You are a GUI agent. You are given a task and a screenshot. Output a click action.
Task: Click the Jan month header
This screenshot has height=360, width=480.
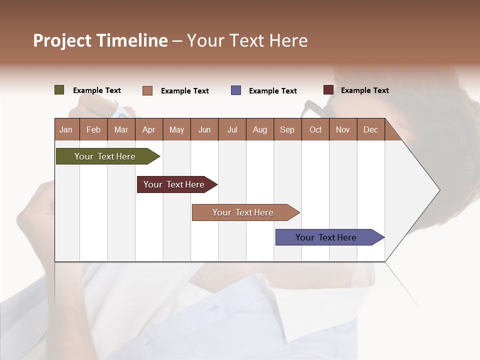(x=66, y=129)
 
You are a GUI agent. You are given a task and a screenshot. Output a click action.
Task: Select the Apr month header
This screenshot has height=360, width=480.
(x=148, y=129)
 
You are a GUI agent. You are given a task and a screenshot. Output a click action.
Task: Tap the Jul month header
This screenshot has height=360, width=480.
(x=232, y=129)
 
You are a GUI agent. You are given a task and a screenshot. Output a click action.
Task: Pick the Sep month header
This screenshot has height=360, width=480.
(x=287, y=129)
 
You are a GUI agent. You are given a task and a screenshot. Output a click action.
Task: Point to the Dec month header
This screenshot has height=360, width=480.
(x=370, y=129)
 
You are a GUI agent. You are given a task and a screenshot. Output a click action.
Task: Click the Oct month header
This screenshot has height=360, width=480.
(x=315, y=129)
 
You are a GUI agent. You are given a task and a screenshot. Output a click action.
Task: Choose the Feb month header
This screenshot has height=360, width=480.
(x=93, y=129)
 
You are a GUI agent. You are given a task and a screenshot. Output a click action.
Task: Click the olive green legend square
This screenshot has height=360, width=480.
(x=59, y=90)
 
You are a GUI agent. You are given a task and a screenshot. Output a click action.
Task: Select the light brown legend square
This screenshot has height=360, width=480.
(x=147, y=90)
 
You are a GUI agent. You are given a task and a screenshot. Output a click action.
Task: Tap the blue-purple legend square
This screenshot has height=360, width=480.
(x=235, y=90)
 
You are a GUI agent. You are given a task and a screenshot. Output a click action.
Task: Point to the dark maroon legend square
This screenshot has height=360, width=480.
(x=328, y=90)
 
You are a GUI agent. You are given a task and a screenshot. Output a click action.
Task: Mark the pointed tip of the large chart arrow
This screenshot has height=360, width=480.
(x=439, y=190)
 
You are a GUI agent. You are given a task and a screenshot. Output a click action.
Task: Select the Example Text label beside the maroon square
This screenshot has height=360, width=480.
(x=364, y=90)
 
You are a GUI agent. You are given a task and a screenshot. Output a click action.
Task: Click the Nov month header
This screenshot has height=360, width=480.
(x=342, y=129)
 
